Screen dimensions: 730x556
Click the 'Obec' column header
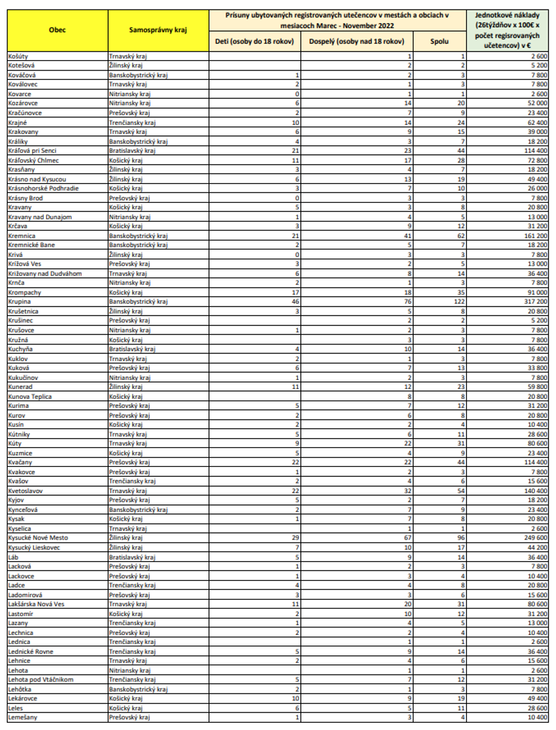[x=57, y=30]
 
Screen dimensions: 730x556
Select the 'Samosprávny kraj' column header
[x=158, y=30]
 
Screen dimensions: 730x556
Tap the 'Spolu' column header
[x=439, y=41]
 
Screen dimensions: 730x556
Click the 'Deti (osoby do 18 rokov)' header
[x=255, y=41]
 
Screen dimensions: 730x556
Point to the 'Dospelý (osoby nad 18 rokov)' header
[x=356, y=41]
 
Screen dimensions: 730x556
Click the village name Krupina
[x=19, y=302]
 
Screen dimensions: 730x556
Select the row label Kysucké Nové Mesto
[x=38, y=538]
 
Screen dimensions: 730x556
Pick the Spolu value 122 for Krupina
[x=459, y=302]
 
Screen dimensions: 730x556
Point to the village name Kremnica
[x=22, y=236]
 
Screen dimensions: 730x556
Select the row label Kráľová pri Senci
[x=32, y=151]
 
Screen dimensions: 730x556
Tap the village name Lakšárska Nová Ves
[x=36, y=604]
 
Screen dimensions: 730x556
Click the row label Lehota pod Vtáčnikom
[x=41, y=679]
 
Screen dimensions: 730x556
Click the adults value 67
[x=408, y=538]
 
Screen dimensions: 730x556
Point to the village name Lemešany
[x=23, y=717]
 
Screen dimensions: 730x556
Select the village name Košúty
[x=18, y=56]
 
